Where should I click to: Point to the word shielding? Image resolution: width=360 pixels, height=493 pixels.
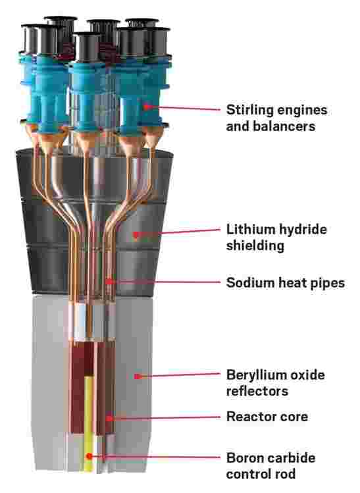pos(255,246)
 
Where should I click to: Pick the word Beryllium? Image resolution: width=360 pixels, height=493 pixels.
pos(251,375)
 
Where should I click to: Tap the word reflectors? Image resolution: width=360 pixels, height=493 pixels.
pos(257,391)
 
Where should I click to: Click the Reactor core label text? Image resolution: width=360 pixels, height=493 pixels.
pos(267,417)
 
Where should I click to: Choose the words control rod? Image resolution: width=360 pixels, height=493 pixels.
pos(261,473)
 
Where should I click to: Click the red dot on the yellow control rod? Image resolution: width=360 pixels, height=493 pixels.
pos(90,455)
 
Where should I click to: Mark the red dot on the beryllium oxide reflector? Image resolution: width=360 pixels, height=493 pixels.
pos(137,376)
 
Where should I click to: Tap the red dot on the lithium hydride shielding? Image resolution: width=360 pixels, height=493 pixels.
pos(136,234)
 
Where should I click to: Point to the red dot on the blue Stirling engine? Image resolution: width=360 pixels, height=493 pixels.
pos(145,107)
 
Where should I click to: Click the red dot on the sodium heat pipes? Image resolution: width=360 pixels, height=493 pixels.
pos(109,282)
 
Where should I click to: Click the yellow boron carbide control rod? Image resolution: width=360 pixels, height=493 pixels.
pos(89,425)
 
